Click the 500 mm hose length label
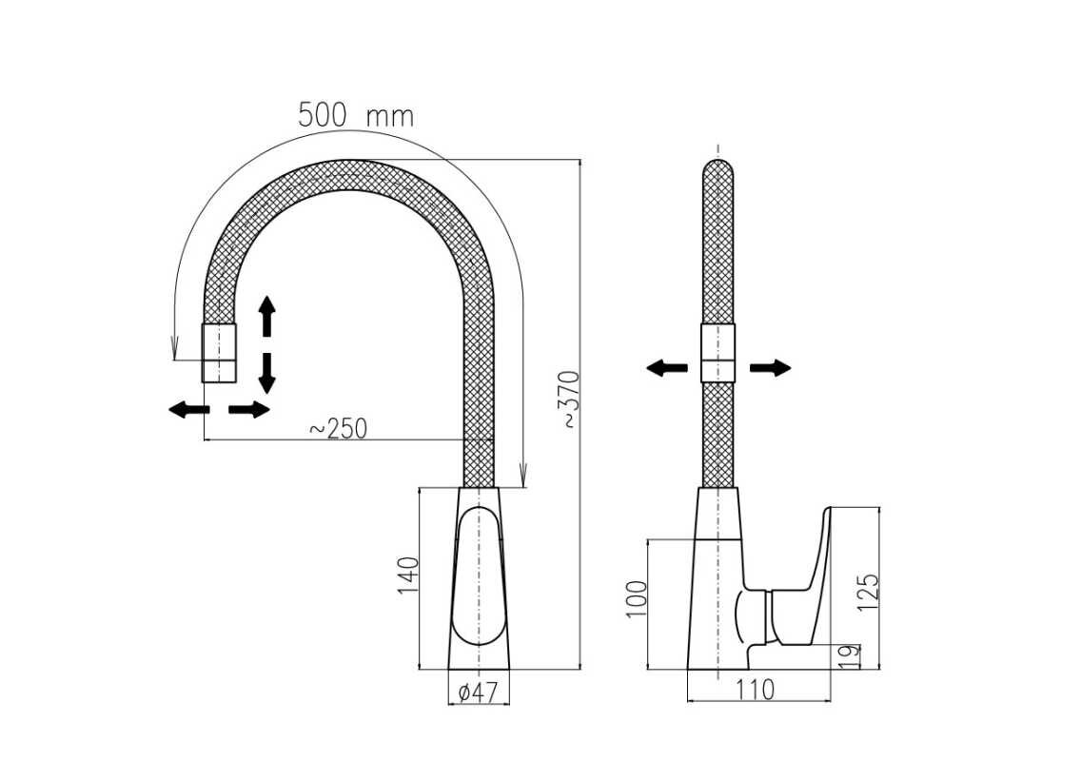point(356,115)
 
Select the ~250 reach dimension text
point(339,428)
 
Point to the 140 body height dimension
point(408,576)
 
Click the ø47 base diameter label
point(477,692)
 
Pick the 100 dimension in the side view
point(637,599)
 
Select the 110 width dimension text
point(756,690)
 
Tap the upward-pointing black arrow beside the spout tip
point(266,316)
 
